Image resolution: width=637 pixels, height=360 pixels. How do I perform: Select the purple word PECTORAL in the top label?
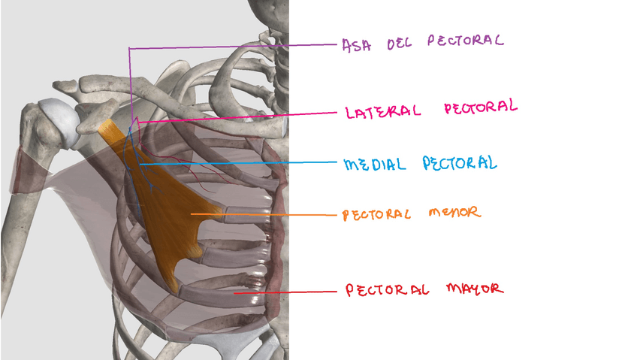click(x=465, y=40)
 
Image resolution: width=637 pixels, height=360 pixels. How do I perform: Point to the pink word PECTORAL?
click(x=480, y=107)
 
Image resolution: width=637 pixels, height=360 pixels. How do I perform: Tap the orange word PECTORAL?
click(x=376, y=215)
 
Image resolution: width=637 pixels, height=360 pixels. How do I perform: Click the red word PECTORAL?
click(x=387, y=290)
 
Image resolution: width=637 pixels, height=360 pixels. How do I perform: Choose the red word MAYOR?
click(x=473, y=289)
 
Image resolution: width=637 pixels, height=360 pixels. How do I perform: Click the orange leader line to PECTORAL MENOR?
click(x=263, y=215)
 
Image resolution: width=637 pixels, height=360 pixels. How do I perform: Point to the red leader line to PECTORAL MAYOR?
click(x=285, y=292)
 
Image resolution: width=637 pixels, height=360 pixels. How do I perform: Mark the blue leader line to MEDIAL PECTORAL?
click(x=240, y=163)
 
